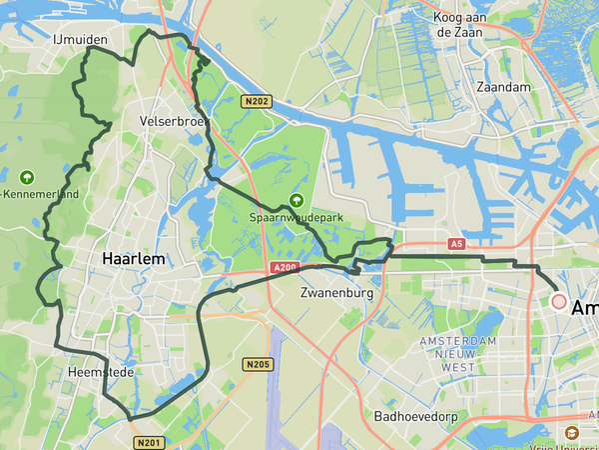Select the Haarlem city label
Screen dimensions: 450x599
(x=133, y=258)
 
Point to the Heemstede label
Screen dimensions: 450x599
(x=100, y=372)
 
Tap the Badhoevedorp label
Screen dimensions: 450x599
(x=415, y=416)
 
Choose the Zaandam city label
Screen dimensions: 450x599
(x=504, y=88)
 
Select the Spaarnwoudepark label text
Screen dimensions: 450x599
(x=296, y=219)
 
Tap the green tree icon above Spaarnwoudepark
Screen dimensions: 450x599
(x=296, y=200)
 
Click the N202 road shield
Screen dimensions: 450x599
(x=257, y=101)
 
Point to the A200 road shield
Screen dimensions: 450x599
(x=285, y=268)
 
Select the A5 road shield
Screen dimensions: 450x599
(x=456, y=243)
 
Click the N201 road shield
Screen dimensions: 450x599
(x=148, y=442)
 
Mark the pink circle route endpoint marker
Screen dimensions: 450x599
(x=559, y=301)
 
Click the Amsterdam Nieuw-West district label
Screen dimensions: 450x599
(x=458, y=354)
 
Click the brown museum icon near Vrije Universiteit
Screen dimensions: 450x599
(x=571, y=433)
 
